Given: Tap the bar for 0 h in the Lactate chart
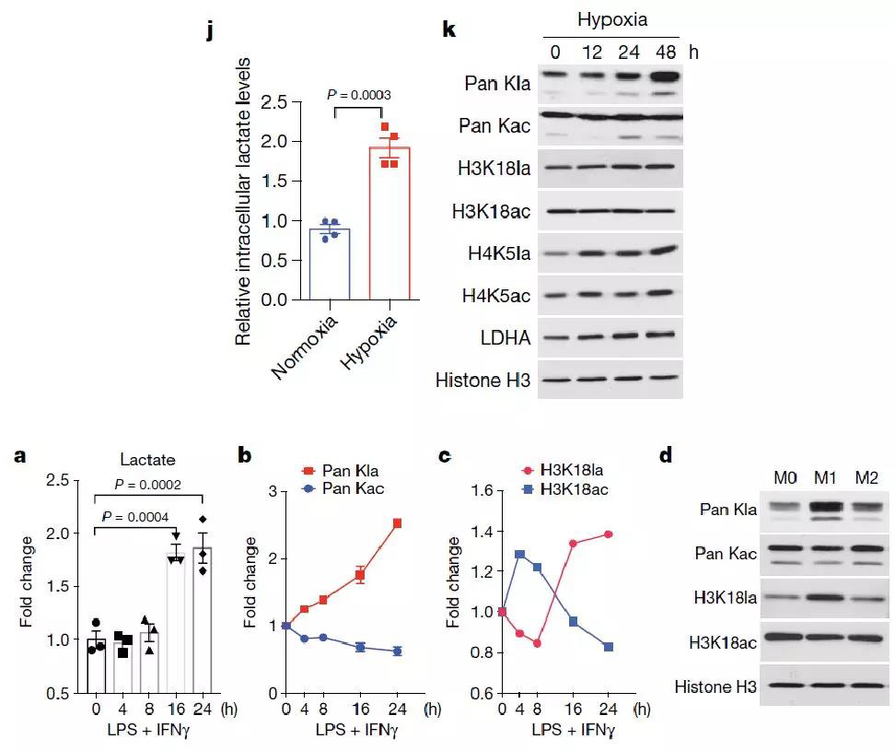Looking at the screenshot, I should pyautogui.click(x=96, y=663).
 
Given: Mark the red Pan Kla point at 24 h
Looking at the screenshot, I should pyautogui.click(x=396, y=523).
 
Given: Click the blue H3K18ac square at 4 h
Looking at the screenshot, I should pyautogui.click(x=520, y=555).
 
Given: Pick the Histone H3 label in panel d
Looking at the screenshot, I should pyautogui.click(x=715, y=686).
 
